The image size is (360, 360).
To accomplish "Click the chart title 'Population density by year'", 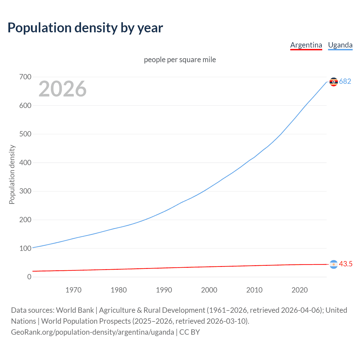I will [85, 28].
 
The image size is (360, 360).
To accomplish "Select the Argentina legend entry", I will [306, 45].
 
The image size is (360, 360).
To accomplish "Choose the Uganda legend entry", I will [340, 45].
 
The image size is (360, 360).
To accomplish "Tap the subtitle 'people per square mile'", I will [180, 60].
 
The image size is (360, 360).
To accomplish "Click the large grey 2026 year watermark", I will [62, 89].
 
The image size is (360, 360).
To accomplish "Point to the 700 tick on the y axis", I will [25, 77].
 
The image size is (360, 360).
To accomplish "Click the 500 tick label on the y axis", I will [25, 134].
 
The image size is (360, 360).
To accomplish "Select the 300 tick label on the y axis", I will [25, 191].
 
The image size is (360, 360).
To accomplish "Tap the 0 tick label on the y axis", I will [29, 277].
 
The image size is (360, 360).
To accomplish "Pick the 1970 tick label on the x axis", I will [73, 290].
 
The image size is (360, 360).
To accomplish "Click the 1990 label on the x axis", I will [164, 290].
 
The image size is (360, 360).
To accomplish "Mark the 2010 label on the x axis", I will [254, 290].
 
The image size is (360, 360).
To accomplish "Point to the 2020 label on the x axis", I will [300, 290].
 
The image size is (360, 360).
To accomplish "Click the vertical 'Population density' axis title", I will [12, 174].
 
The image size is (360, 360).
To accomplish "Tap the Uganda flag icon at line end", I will [334, 82].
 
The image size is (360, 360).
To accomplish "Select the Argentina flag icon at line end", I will [334, 264].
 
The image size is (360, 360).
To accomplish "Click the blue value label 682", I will [345, 82].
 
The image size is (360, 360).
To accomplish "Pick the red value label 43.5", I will [346, 264].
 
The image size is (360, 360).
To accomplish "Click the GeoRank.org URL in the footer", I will [93, 332].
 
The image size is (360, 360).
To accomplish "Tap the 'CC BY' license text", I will [190, 332].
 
